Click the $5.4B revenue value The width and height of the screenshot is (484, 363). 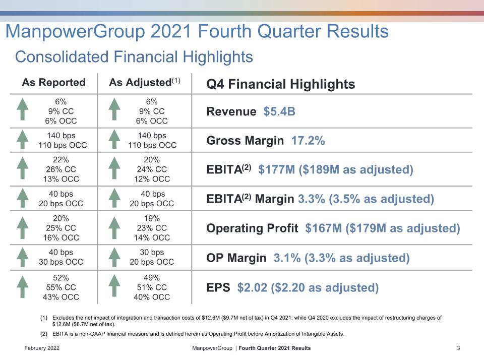279,111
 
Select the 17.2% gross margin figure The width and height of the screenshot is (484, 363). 308,141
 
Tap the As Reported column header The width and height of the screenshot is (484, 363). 54,82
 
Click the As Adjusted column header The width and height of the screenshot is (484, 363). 145,82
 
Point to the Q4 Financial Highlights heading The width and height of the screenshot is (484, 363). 281,84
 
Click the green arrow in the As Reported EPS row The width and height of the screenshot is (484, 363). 23,287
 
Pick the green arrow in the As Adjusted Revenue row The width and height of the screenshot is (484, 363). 114,109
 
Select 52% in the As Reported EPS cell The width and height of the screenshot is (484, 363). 61,278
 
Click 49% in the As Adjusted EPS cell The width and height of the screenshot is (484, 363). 152,278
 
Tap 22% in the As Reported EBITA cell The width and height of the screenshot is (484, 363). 61,160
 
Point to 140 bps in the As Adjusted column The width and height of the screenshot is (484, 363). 152,136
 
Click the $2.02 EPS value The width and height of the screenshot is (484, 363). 252,288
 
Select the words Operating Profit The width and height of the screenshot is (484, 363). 252,228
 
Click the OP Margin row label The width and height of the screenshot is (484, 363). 236,258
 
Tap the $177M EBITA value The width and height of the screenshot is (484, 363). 277,169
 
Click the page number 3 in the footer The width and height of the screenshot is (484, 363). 458,348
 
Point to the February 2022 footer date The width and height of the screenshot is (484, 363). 42,348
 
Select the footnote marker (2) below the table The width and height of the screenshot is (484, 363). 44,334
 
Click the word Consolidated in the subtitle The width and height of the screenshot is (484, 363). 62,57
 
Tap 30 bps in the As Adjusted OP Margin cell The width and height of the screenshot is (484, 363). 152,252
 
